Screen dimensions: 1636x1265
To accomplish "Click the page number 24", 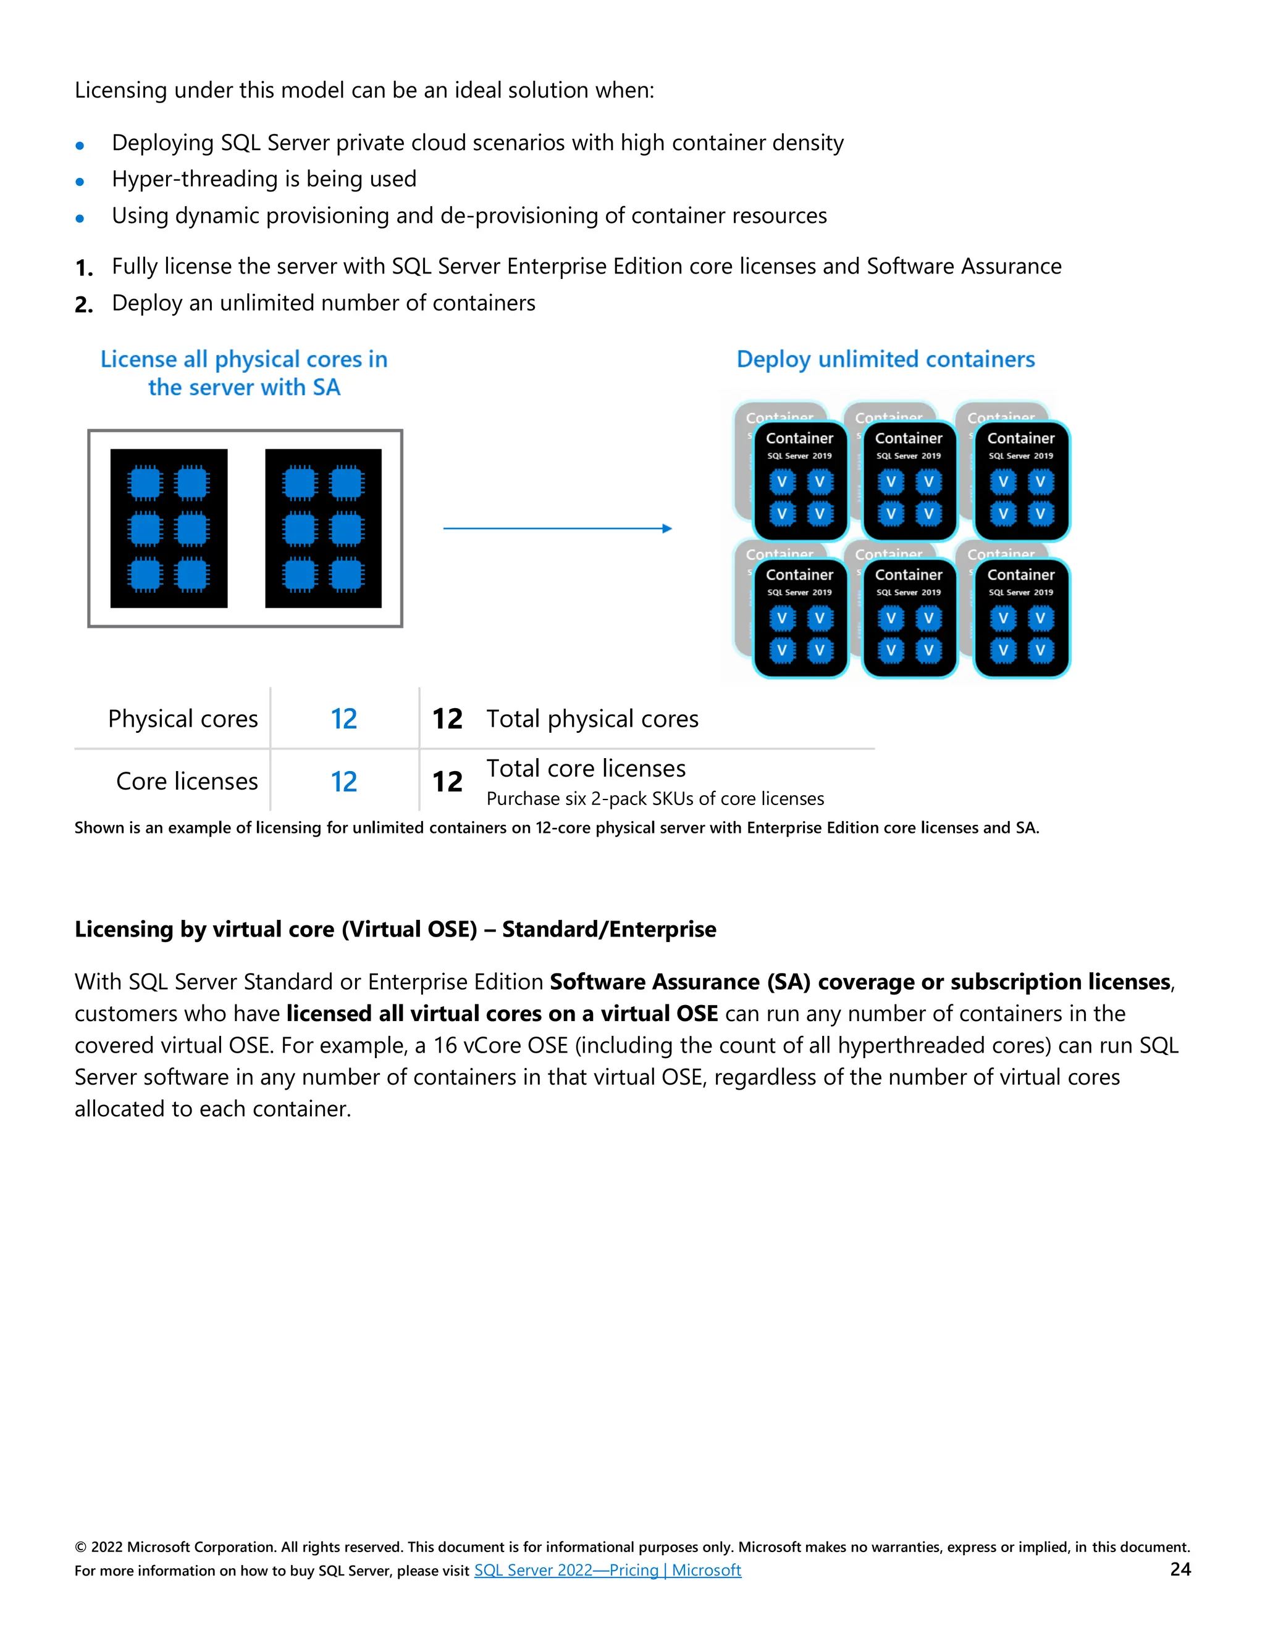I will tap(1180, 1569).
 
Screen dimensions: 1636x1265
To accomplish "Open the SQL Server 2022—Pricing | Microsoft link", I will tap(607, 1570).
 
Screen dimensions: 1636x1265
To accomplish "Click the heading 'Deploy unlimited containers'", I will tap(885, 359).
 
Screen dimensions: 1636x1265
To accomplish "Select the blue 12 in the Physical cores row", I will tap(344, 719).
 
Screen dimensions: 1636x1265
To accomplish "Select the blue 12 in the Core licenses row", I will tap(344, 782).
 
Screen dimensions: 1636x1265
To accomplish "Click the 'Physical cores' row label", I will tap(183, 719).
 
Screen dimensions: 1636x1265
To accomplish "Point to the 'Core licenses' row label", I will tap(187, 782).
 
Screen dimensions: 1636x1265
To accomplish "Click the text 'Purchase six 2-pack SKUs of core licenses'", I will tap(654, 799).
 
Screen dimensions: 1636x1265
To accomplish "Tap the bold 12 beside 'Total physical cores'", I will tap(447, 719).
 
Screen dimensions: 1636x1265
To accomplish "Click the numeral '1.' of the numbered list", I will tap(84, 268).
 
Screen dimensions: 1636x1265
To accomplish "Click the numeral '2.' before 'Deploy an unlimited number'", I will tap(84, 305).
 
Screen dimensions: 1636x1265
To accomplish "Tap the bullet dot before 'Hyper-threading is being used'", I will tap(80, 182).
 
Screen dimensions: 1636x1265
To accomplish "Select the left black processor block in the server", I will tap(169, 528).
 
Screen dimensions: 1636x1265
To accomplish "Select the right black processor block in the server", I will tap(323, 528).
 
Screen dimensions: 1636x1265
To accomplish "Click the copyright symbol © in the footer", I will tap(80, 1548).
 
